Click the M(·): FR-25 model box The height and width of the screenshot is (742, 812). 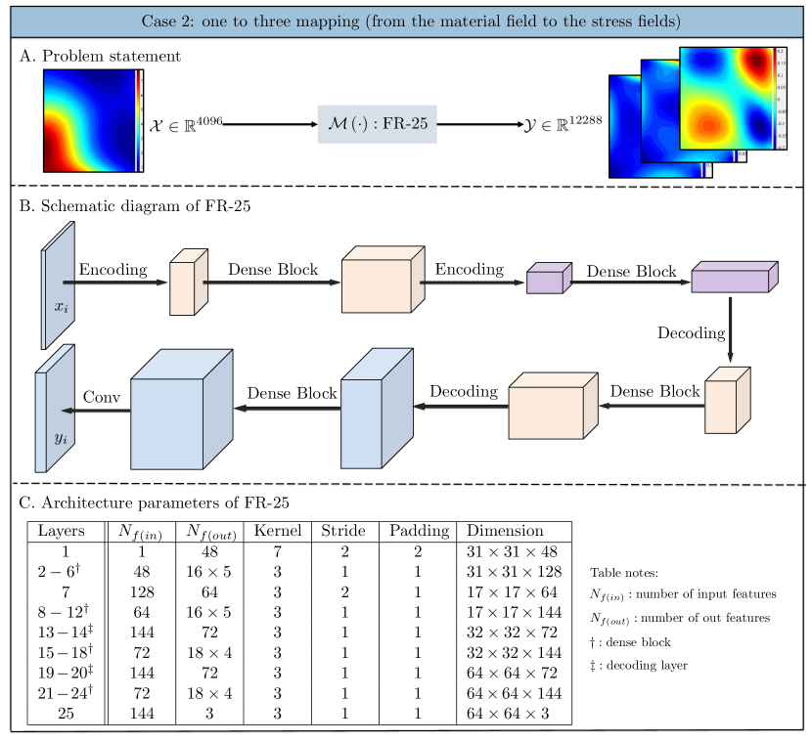pyautogui.click(x=377, y=125)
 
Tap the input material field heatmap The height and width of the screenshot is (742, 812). pyautogui.click(x=88, y=121)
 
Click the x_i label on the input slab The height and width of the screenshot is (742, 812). pyautogui.click(x=61, y=307)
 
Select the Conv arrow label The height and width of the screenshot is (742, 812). pyautogui.click(x=101, y=397)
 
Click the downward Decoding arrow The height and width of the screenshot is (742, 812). pyautogui.click(x=731, y=332)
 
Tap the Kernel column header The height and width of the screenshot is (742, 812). pyautogui.click(x=277, y=531)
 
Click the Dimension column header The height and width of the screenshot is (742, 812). pyautogui.click(x=505, y=531)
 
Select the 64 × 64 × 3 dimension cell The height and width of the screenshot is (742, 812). pyautogui.click(x=508, y=715)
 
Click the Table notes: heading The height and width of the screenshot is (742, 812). pyautogui.click(x=624, y=573)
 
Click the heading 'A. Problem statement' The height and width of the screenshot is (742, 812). pyautogui.click(x=100, y=56)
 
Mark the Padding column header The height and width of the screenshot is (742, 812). pyautogui.click(x=419, y=531)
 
